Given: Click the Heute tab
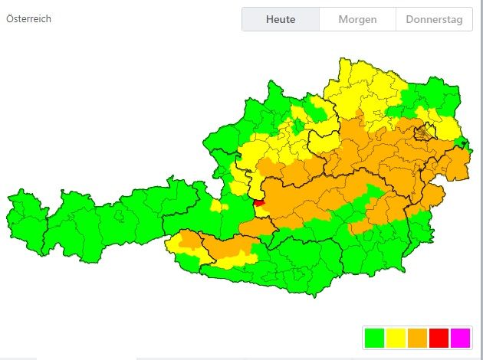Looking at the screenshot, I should tap(281, 19).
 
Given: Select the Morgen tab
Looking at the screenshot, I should tap(357, 19).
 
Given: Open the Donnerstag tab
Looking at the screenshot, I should tap(434, 19).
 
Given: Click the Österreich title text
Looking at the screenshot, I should tap(28, 18).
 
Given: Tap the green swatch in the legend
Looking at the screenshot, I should tap(375, 337).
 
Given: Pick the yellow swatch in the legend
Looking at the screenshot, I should tap(396, 337).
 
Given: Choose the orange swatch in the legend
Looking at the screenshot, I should tap(418, 337).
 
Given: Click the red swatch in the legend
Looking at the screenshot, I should tap(439, 337).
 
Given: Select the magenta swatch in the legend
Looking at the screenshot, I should tap(460, 337).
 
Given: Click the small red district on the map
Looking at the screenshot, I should tap(258, 203).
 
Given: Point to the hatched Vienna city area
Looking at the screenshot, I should tap(423, 134).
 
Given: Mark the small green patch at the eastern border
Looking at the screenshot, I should tap(462, 142).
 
